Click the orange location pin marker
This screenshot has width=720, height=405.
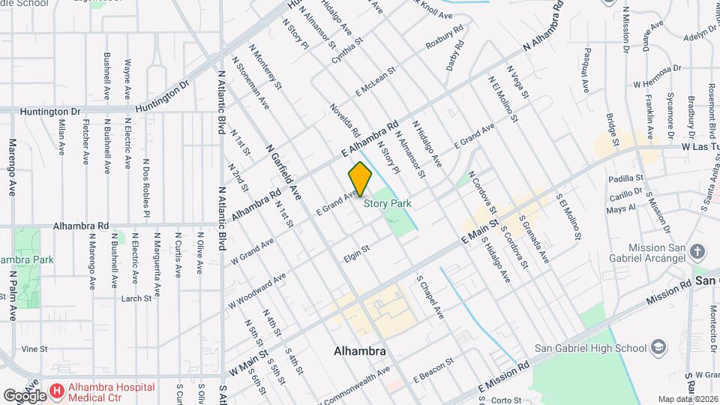point(360,178)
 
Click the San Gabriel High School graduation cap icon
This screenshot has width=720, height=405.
point(658,347)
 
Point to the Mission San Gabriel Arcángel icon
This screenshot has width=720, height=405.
point(697,251)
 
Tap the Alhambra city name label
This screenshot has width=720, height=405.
point(360,351)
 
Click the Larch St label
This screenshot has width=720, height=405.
point(136,298)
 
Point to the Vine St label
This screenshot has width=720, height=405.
point(34,349)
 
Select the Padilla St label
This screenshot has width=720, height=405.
point(626,178)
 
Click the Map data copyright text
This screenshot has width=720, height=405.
point(688,399)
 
